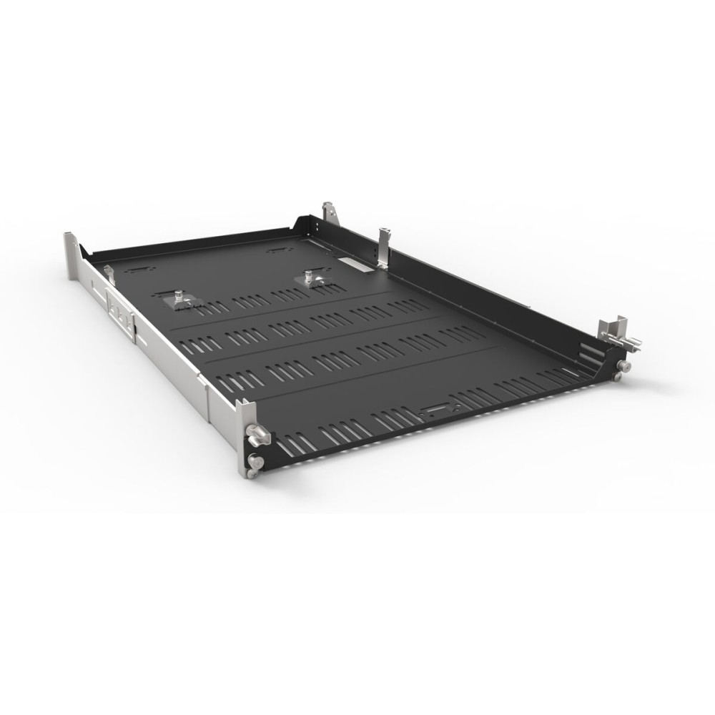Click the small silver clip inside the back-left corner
[109, 272]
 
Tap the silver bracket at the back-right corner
[329, 212]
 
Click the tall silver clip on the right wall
[384, 247]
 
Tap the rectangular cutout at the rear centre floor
[277, 250]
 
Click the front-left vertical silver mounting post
[243, 436]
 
